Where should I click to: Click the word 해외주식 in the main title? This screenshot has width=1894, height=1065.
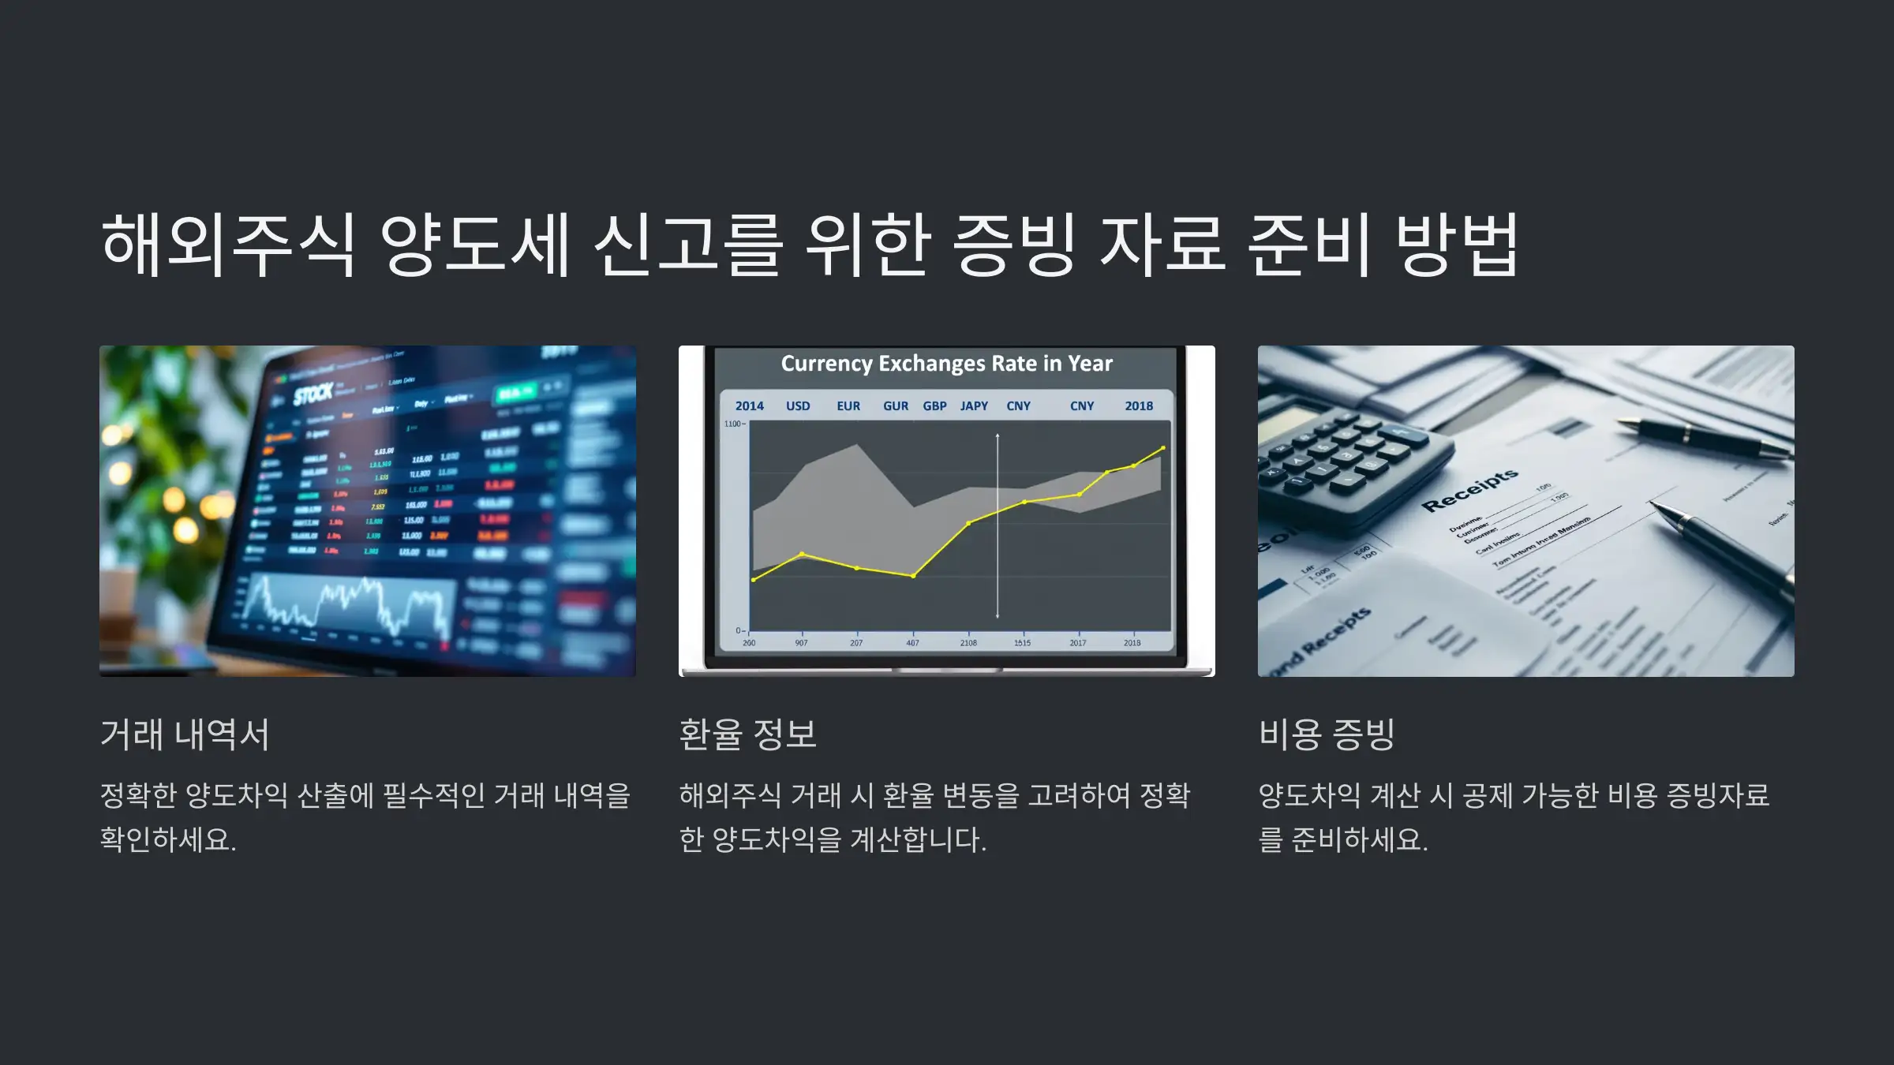[x=228, y=245]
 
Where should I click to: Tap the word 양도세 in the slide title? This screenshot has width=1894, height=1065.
[x=474, y=245]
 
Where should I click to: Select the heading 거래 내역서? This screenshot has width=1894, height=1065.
[x=185, y=734]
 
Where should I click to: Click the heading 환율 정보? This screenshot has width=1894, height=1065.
[x=747, y=734]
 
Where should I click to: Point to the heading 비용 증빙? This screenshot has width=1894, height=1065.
[x=1327, y=734]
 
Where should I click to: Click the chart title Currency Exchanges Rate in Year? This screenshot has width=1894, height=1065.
[x=946, y=364]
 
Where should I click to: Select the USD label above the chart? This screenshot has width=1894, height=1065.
[x=798, y=406]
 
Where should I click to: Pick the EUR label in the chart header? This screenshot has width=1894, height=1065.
[x=848, y=406]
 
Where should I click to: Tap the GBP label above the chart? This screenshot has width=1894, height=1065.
[x=934, y=406]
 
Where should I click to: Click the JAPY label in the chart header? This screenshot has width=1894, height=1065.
[x=974, y=406]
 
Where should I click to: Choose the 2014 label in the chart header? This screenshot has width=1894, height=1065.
[x=749, y=406]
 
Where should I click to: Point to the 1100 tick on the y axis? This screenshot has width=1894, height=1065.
[x=733, y=424]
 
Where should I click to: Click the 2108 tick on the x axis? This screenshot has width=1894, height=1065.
[x=968, y=643]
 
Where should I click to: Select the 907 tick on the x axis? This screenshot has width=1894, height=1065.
[x=801, y=643]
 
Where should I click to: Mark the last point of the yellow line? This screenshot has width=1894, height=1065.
[x=1162, y=448]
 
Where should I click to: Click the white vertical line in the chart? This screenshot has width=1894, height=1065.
[x=998, y=536]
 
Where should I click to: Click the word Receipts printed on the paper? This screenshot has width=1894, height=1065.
[x=1469, y=490]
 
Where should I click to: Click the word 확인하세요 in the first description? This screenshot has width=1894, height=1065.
[x=168, y=839]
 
